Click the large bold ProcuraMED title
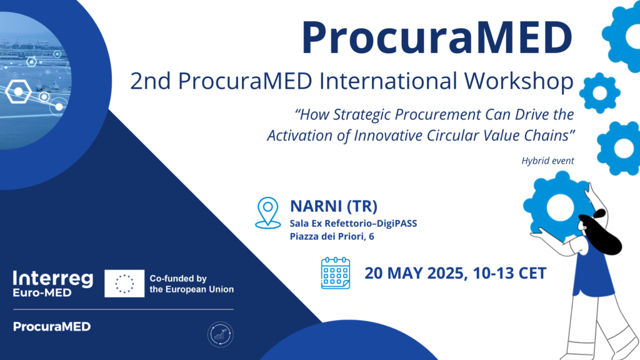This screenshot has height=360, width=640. (x=437, y=37)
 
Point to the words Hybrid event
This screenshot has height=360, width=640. (x=547, y=161)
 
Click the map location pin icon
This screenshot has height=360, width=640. (x=267, y=212)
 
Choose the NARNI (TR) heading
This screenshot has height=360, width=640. (x=334, y=206)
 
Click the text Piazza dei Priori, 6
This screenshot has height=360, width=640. (x=332, y=236)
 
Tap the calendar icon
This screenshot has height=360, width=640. (x=336, y=273)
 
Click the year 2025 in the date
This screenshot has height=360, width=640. (x=445, y=274)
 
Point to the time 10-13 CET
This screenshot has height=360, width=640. (x=510, y=274)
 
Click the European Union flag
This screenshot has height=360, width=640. (x=124, y=283)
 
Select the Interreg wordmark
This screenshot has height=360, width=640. (x=53, y=279)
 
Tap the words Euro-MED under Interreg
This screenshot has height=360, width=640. (x=42, y=292)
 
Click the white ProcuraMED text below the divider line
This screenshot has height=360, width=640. (x=52, y=326)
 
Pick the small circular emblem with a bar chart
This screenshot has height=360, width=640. (x=221, y=334)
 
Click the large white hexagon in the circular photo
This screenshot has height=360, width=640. (x=18, y=91)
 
